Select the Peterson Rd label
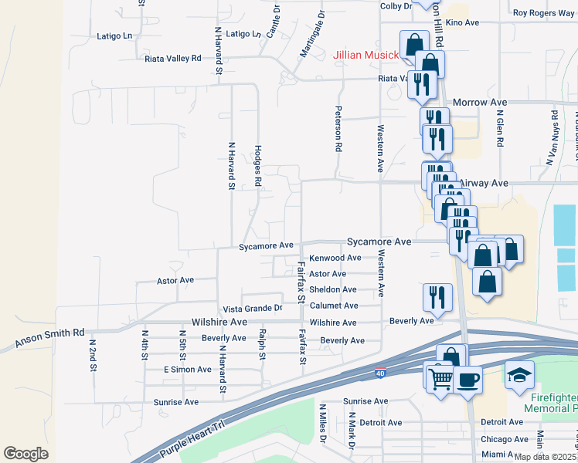(x=338, y=128)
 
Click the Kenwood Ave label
(x=335, y=258)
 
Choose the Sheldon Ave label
(x=333, y=289)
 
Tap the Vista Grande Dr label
(x=253, y=308)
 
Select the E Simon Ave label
(x=188, y=370)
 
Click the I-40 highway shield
(x=379, y=373)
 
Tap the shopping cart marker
(x=440, y=378)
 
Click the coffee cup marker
(x=468, y=380)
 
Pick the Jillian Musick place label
(x=365, y=55)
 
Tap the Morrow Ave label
(x=479, y=102)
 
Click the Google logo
(x=25, y=453)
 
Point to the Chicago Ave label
(x=502, y=439)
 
